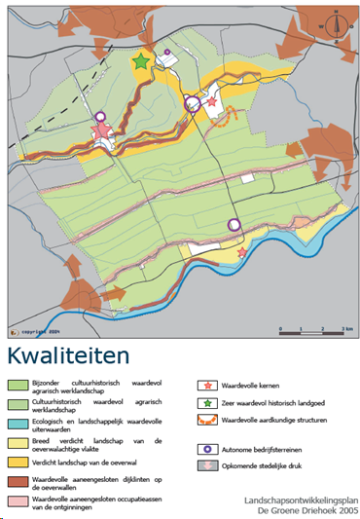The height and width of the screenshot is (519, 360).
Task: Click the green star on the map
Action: tap(142, 61)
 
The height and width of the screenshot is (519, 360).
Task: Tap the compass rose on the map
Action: tap(333, 22)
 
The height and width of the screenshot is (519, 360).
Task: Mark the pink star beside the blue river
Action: tap(241, 253)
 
